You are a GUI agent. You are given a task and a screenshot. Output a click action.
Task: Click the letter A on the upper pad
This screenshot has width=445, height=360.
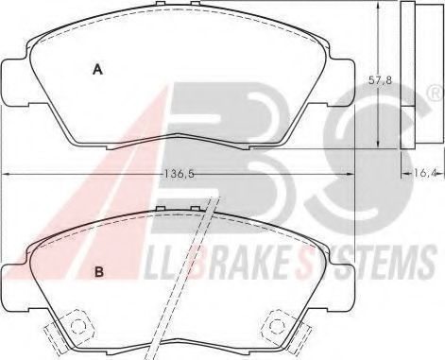click(98, 69)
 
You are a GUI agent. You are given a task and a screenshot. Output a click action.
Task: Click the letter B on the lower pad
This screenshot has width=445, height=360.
click(99, 271)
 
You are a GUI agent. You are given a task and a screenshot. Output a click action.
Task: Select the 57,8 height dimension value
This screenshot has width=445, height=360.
click(380, 80)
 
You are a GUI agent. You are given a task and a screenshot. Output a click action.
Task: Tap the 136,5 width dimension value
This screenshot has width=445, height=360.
click(180, 174)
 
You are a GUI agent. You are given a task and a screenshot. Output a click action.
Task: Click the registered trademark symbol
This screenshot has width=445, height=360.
click(436, 94)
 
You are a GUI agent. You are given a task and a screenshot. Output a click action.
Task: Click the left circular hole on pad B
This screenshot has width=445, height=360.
click(77, 326)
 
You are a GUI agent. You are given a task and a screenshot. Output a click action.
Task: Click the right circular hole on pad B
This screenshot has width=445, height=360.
click(276, 326)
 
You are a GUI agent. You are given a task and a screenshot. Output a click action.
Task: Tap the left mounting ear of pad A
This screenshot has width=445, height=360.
click(15, 82)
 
